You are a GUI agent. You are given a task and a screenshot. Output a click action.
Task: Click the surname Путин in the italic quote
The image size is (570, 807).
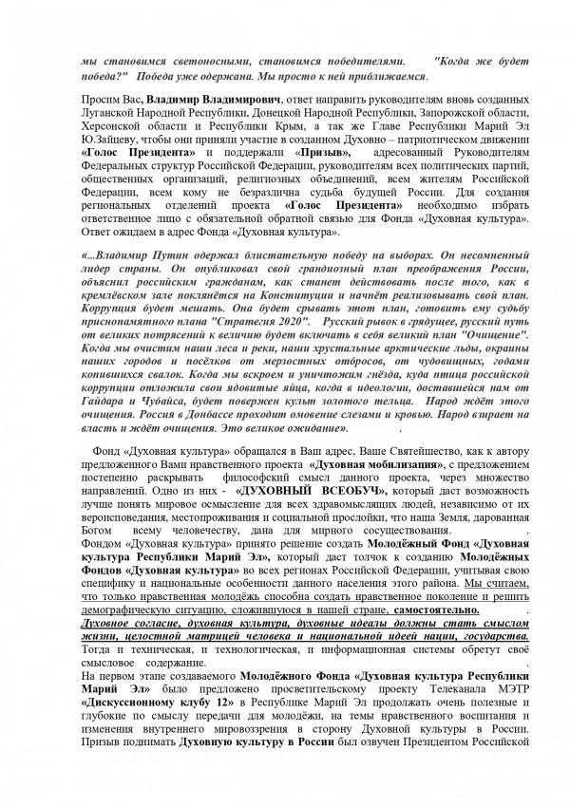click(x=168, y=257)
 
